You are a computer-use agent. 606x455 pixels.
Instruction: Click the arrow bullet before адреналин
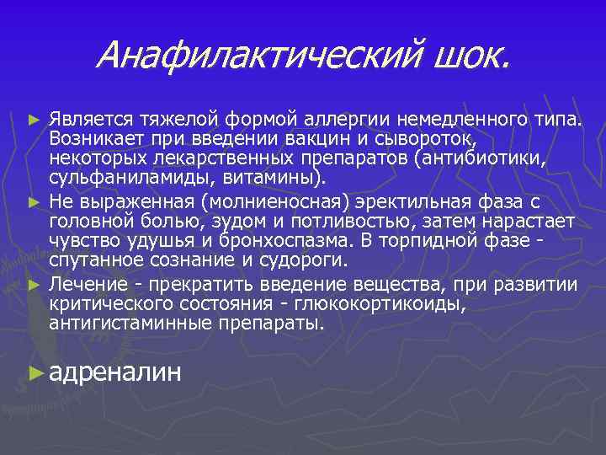pyautogui.click(x=35, y=372)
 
